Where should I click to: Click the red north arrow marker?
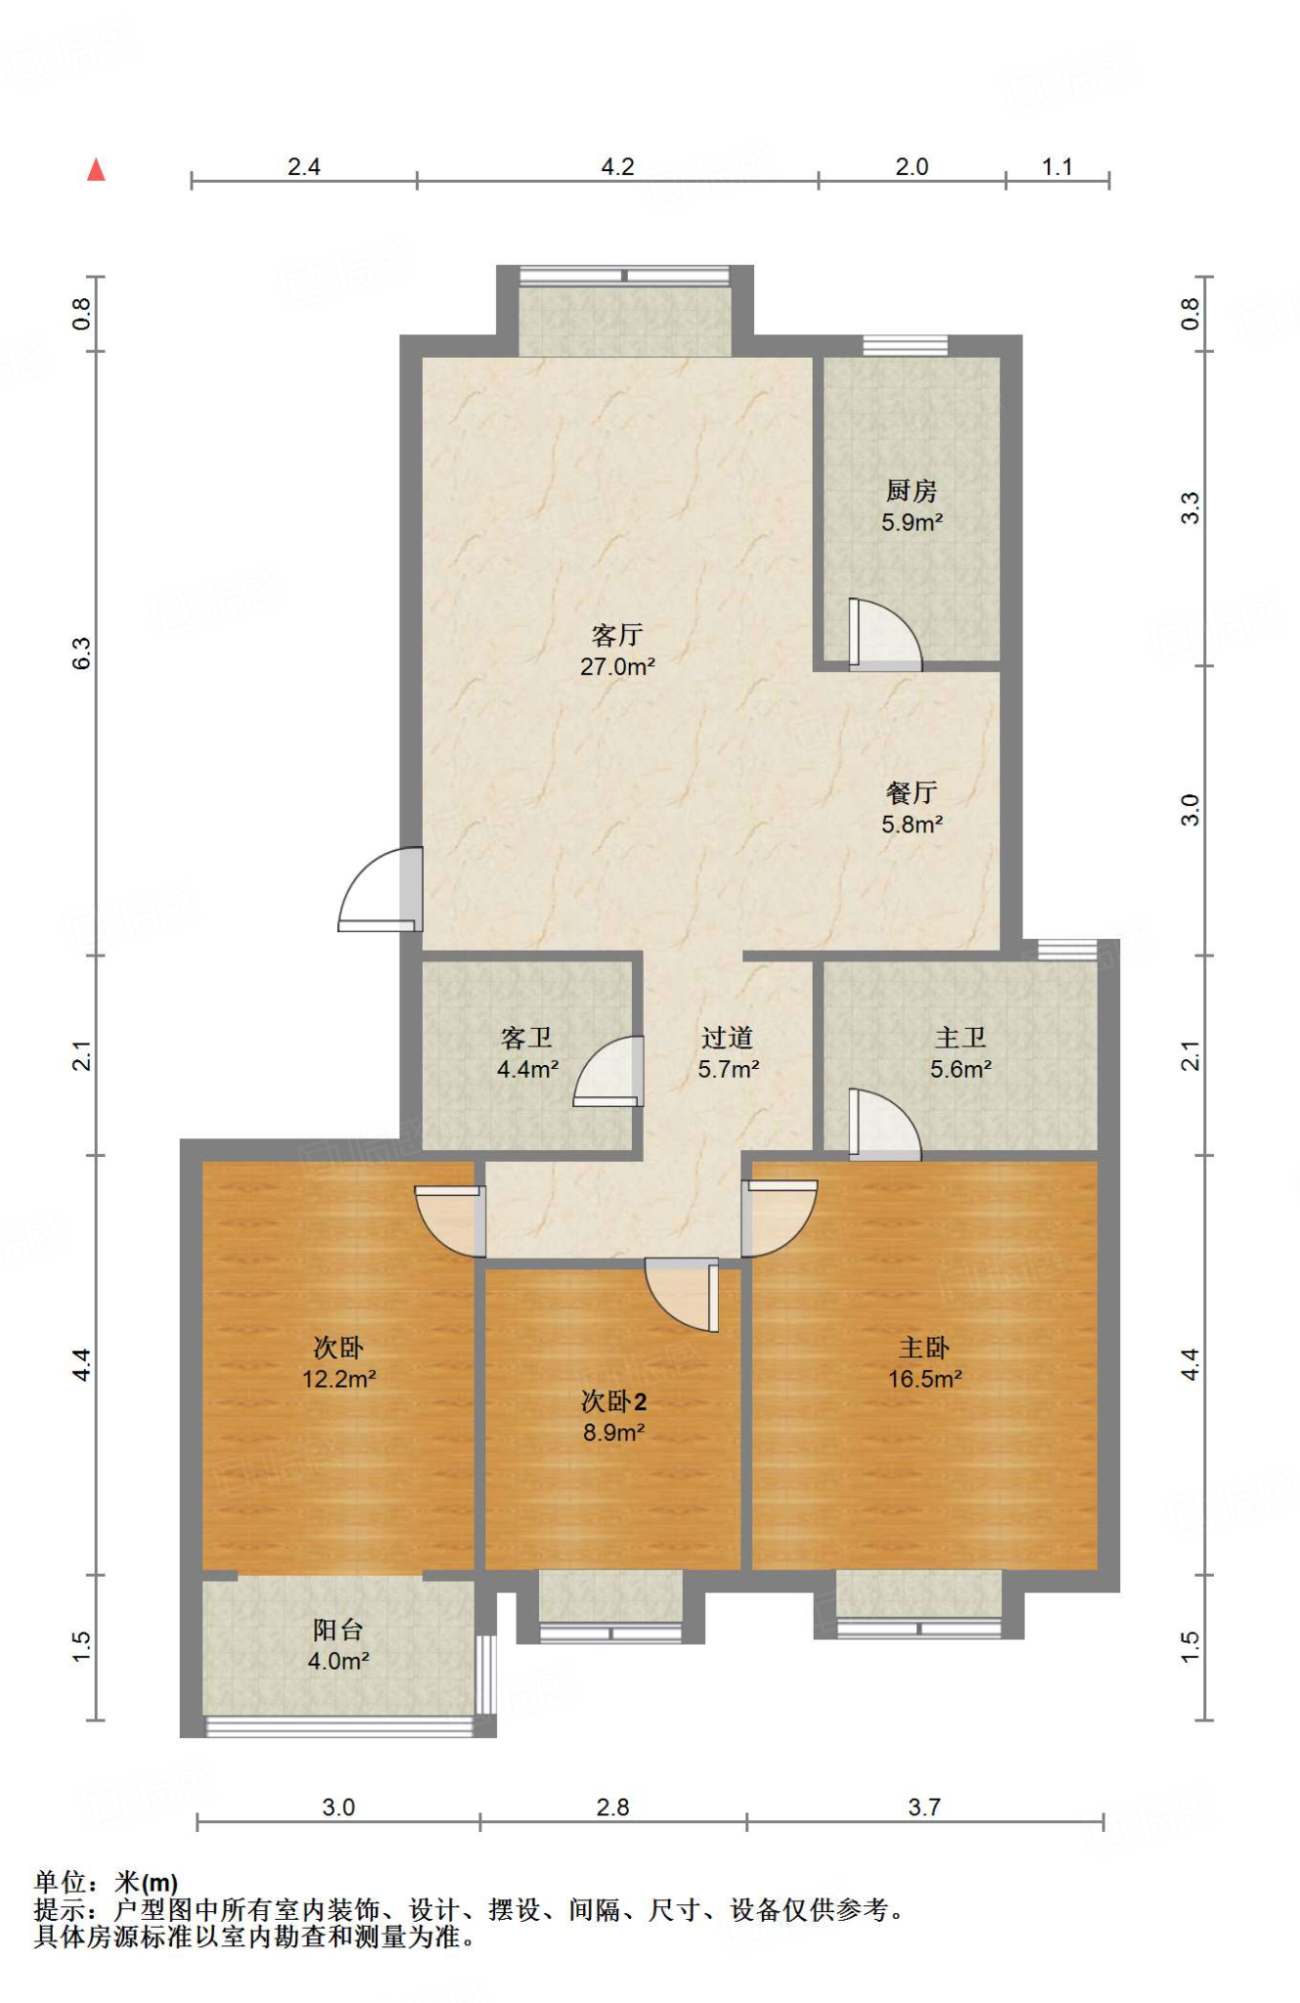[96, 170]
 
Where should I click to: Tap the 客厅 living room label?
[617, 636]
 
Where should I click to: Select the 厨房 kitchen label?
[912, 491]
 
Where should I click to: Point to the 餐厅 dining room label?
[912, 792]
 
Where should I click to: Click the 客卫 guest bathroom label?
[527, 1038]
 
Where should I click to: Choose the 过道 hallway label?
[728, 1038]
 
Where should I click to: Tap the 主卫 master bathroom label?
[961, 1038]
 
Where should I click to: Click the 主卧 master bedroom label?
[924, 1348]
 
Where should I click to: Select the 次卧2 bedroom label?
[613, 1402]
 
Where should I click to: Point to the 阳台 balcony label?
[338, 1629]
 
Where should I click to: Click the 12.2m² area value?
[338, 1379]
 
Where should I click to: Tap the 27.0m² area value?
[617, 667]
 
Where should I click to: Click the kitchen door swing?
[885, 636]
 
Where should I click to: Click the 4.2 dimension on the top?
[617, 167]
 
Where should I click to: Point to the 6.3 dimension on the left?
[82, 652]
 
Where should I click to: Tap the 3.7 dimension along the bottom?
[924, 1806]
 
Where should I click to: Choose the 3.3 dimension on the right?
[1189, 508]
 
